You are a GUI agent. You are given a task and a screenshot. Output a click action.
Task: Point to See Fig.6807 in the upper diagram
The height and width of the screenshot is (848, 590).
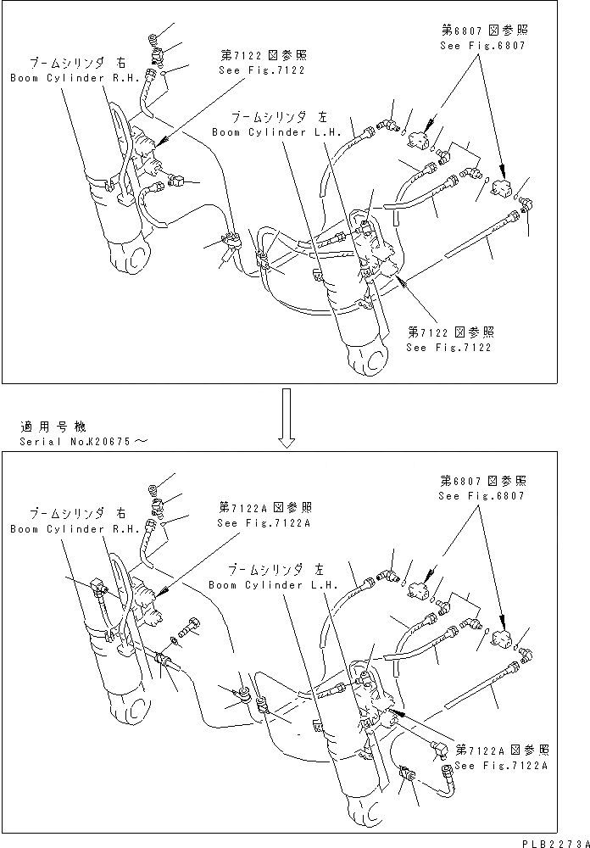coord(482,46)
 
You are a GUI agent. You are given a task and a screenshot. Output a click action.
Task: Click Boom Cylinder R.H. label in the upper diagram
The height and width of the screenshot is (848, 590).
coord(55,78)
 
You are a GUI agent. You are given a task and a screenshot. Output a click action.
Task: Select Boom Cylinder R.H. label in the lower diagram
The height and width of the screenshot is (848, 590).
coord(55,528)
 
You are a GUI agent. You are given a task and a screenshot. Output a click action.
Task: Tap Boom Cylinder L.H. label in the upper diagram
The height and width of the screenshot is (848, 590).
coord(276,131)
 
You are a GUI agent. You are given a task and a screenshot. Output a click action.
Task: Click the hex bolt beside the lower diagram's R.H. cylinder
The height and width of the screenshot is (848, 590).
coord(192,628)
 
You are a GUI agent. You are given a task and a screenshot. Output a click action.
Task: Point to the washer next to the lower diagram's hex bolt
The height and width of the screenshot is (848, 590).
coord(175,637)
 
